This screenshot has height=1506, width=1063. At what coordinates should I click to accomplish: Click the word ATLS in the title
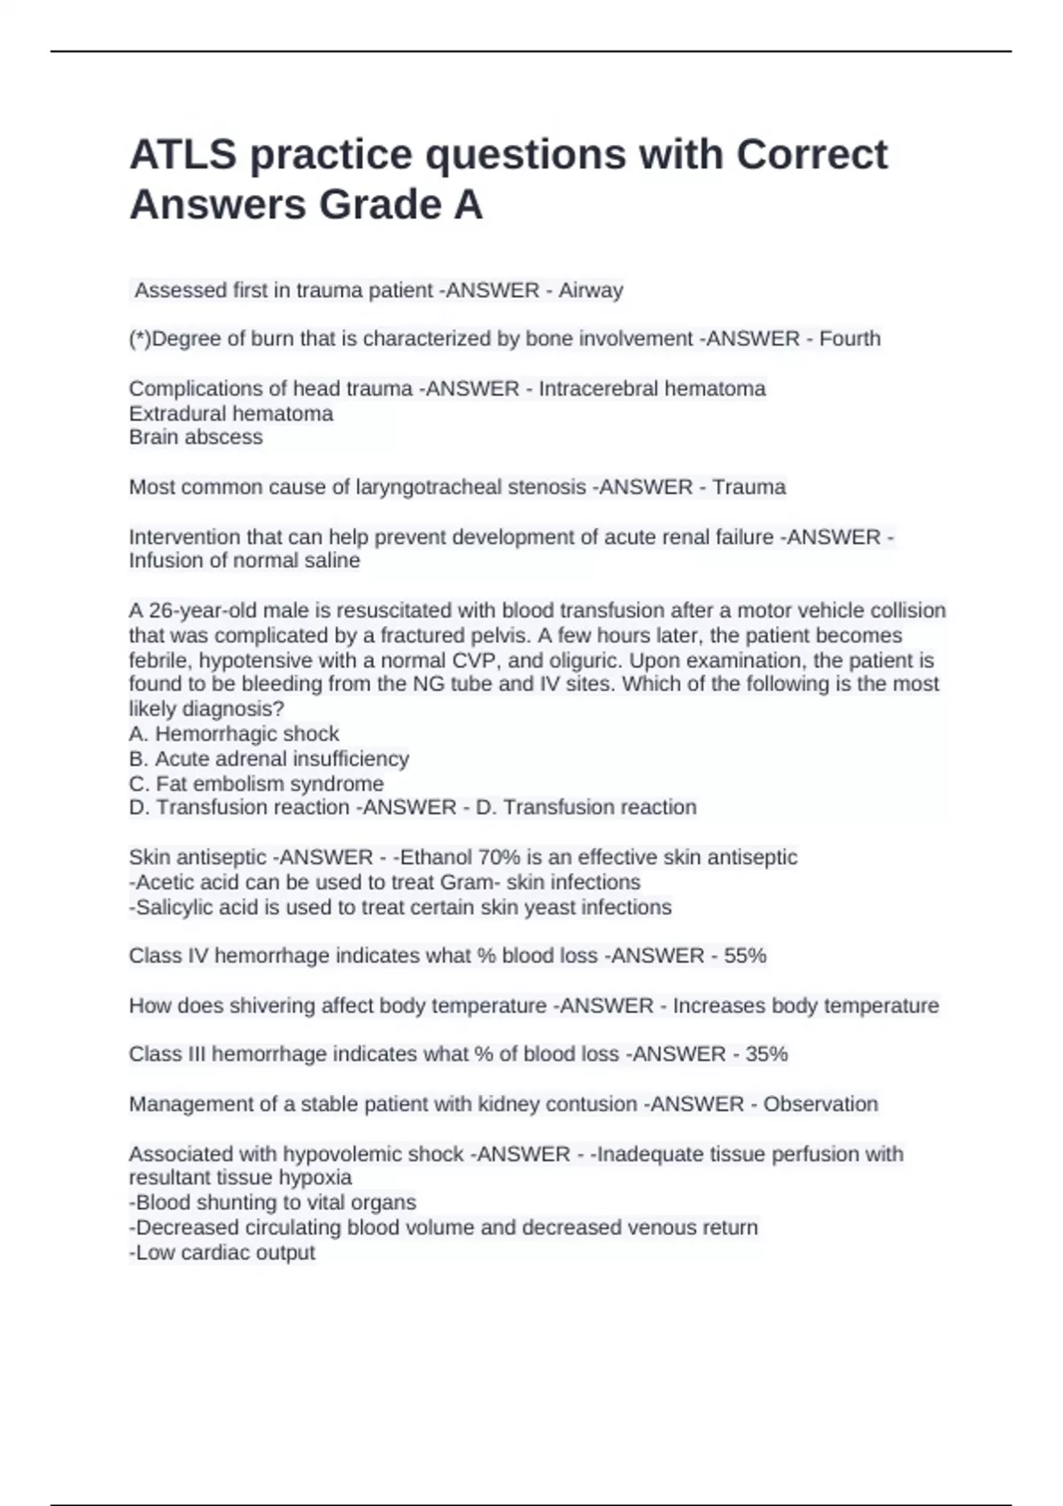tap(182, 155)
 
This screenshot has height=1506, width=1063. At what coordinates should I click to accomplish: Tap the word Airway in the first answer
tap(590, 291)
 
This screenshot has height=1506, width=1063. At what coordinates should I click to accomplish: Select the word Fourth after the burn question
tap(850, 338)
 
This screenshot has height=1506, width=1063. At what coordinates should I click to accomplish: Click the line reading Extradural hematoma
tap(231, 414)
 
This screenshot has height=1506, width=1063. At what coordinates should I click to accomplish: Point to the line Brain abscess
tap(196, 438)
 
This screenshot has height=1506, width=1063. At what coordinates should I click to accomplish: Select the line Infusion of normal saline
tap(244, 561)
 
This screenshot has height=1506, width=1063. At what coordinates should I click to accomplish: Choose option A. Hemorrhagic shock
tap(234, 734)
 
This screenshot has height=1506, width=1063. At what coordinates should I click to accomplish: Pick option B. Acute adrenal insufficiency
tap(269, 759)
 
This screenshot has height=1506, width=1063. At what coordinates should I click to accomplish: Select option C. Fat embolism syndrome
tap(256, 784)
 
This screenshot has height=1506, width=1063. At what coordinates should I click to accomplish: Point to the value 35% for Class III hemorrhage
tap(766, 1054)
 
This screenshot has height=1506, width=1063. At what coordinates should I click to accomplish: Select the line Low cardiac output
tap(222, 1253)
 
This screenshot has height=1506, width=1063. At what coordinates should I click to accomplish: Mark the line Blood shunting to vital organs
tap(273, 1203)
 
